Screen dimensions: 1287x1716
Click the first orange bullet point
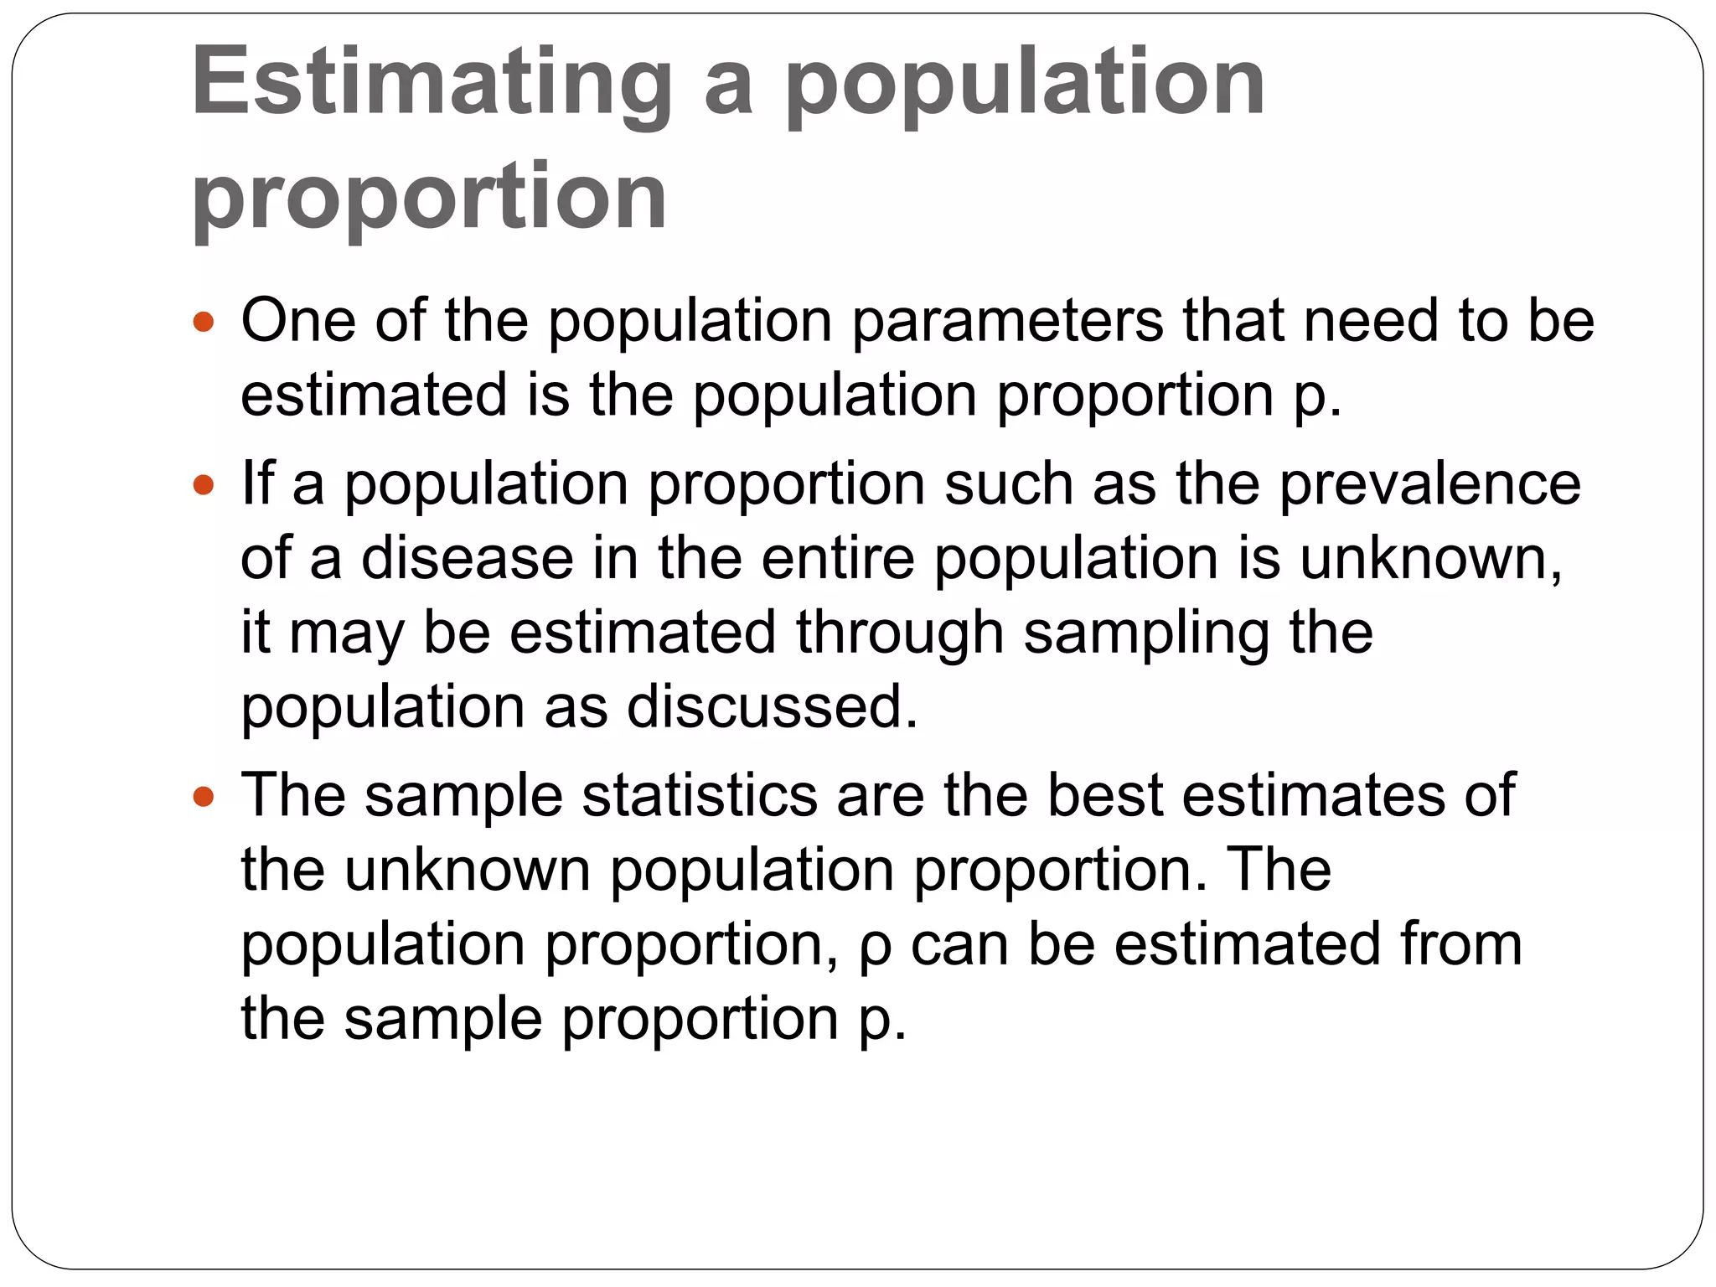[204, 321]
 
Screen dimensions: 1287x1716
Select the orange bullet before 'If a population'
[204, 484]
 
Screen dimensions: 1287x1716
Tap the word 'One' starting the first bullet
[297, 321]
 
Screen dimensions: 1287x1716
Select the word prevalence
[1429, 484]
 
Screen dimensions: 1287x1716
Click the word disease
[467, 558]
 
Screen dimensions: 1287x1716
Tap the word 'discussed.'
[772, 707]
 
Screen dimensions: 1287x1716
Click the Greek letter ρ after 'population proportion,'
[876, 947]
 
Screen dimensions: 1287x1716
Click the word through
[899, 633]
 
